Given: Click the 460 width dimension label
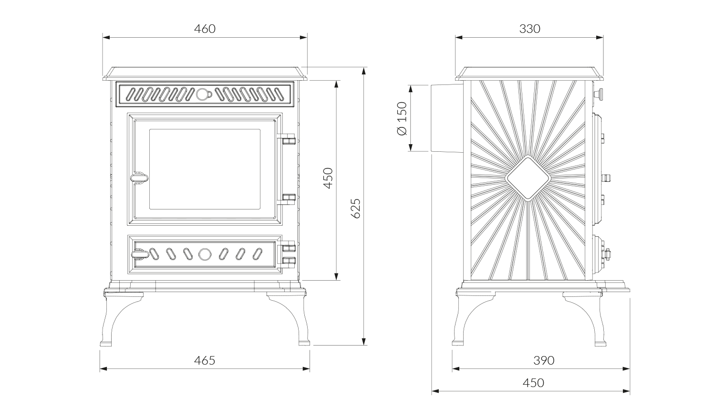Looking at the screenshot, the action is tap(205, 29).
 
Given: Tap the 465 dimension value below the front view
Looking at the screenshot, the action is tap(205, 360).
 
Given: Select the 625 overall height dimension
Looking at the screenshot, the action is tap(356, 208).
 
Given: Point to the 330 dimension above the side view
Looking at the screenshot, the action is tap(530, 29).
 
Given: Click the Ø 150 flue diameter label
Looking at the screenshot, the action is tap(402, 118).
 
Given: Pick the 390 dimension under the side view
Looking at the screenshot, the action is tap(544, 360).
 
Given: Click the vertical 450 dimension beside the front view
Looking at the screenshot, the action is tap(328, 178).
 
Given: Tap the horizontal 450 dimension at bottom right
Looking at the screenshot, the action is tap(533, 383).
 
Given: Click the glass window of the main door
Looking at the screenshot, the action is tap(205, 169).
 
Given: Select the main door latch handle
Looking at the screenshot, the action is tap(139, 178).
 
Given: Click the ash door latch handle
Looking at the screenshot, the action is tap(140, 254).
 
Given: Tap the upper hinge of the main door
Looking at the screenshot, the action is tap(287, 139).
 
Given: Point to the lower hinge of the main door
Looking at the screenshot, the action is tap(287, 199).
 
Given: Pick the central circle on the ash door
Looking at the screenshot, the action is tap(205, 254).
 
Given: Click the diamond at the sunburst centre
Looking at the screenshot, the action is tap(528, 178).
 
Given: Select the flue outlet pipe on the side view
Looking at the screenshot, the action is tap(446, 118).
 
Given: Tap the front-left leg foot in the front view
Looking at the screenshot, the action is tap(106, 343).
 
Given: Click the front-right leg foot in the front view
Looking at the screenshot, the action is tap(304, 343).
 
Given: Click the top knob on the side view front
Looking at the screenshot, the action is tap(599, 94).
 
